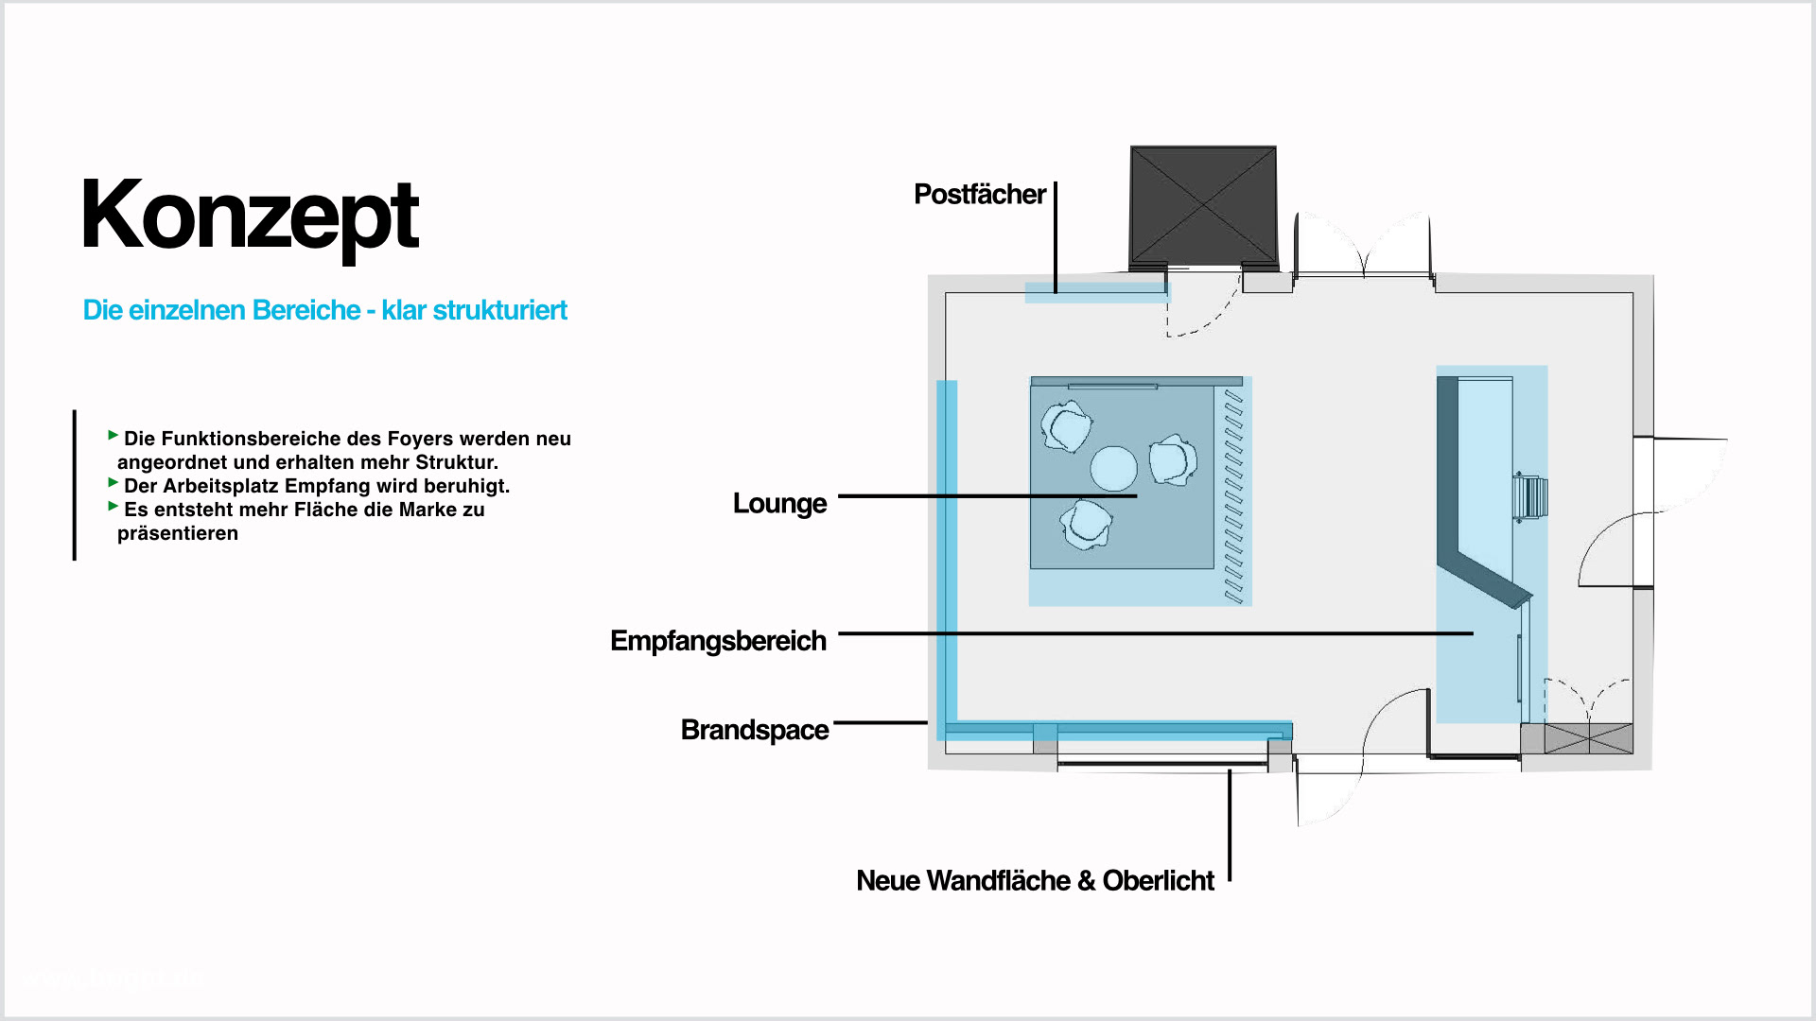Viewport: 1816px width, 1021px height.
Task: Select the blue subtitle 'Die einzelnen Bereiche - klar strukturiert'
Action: (x=324, y=310)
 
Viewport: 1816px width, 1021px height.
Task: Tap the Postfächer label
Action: (x=979, y=195)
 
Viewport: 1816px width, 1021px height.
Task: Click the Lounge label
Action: (x=779, y=503)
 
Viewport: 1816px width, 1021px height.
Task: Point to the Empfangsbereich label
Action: (x=718, y=641)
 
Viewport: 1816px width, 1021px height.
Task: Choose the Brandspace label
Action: (x=754, y=730)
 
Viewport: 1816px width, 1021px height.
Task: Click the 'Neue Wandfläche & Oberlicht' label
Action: (x=1035, y=881)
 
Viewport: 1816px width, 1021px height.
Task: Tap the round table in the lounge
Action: (x=1113, y=468)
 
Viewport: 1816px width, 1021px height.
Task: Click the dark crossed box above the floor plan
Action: (x=1203, y=205)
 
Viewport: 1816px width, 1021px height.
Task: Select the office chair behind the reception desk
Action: (x=1530, y=497)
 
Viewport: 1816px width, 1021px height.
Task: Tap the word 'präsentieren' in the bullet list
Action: (x=178, y=533)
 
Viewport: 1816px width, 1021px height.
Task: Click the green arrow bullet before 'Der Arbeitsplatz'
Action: (x=113, y=483)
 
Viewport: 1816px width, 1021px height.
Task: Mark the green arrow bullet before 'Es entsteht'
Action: (x=113, y=507)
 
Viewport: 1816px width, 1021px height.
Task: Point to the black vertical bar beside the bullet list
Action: (x=75, y=485)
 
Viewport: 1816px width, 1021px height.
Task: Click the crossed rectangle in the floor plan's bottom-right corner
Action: (x=1588, y=738)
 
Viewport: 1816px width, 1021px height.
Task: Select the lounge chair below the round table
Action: (x=1085, y=524)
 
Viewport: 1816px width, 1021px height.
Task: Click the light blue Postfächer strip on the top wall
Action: (x=1097, y=292)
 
